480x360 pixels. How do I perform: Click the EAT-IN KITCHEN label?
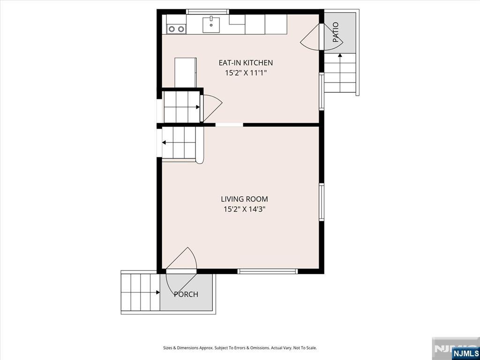click(x=246, y=63)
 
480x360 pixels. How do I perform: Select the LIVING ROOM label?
click(x=244, y=199)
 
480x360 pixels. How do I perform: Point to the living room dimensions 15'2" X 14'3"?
click(x=244, y=210)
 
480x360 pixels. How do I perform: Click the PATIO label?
click(x=336, y=32)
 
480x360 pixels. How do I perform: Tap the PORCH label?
click(x=186, y=294)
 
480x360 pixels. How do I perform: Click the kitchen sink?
click(x=211, y=24)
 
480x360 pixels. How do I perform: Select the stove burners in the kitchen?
click(x=177, y=29)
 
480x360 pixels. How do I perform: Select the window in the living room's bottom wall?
click(x=268, y=271)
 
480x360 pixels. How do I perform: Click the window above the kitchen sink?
click(x=208, y=12)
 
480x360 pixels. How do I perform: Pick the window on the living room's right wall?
click(x=322, y=202)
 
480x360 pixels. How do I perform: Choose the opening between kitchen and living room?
click(x=229, y=125)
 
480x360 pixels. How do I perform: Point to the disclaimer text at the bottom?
click(x=240, y=348)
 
